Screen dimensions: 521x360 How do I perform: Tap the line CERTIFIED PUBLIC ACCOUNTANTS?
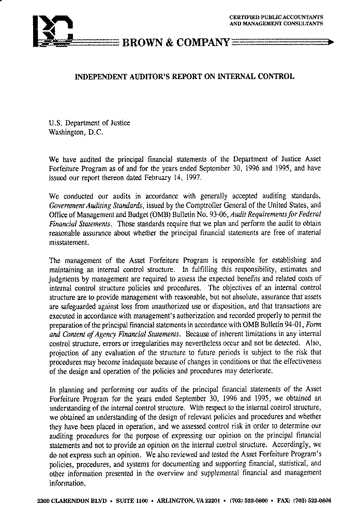click(276, 18)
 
